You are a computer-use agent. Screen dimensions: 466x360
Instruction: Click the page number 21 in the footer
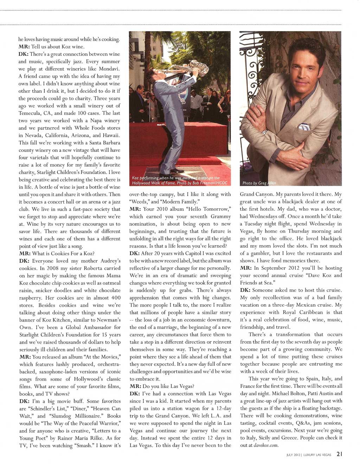point(339,454)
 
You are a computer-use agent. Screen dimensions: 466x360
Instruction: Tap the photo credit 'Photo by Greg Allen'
point(259,183)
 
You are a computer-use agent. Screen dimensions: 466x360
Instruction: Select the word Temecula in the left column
point(31,113)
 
